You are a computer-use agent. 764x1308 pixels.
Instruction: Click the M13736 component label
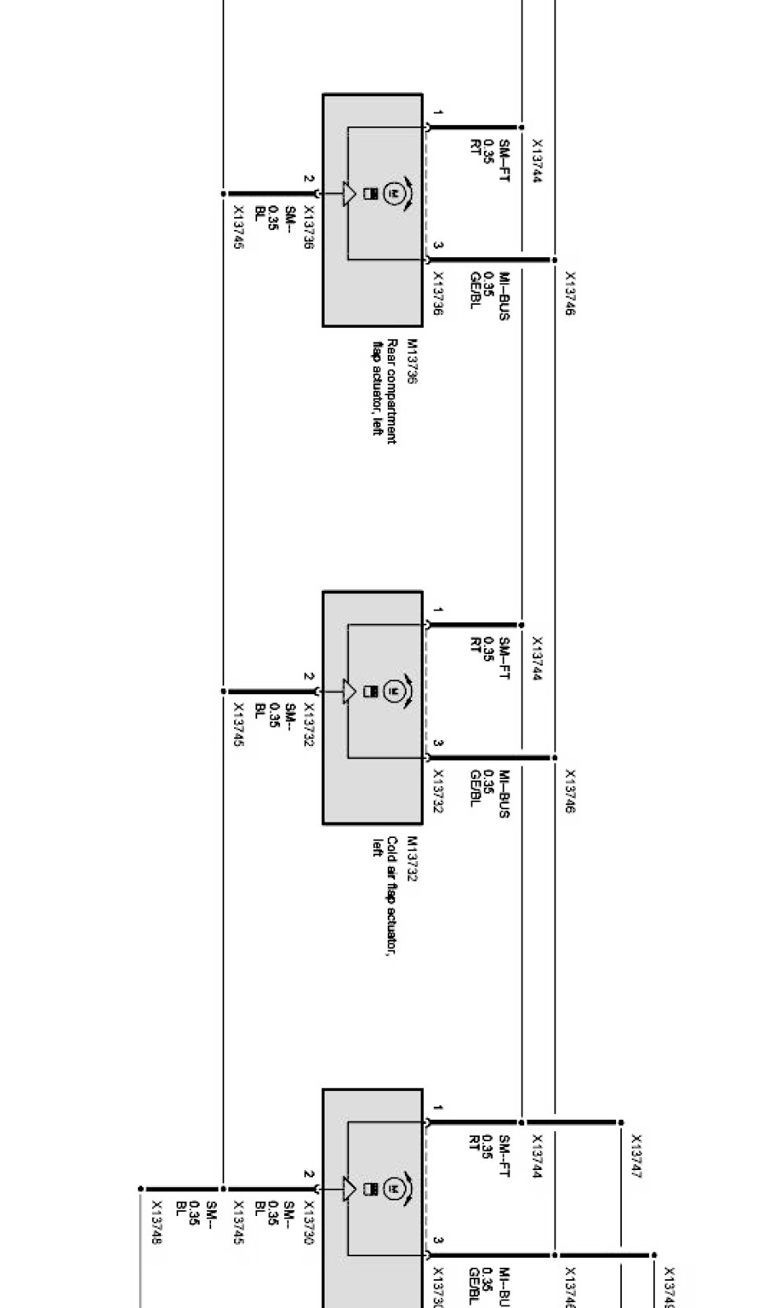[412, 362]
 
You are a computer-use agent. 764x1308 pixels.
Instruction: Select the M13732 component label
[412, 859]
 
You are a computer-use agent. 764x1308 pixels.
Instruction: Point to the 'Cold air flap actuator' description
[386, 891]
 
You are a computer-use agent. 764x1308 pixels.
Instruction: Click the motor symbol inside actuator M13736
[394, 193]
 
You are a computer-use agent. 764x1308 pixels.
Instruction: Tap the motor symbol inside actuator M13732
[394, 690]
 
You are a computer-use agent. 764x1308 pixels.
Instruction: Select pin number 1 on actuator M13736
[439, 113]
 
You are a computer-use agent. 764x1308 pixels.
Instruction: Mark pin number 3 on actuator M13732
[439, 743]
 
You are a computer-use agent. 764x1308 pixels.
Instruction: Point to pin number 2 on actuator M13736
[308, 178]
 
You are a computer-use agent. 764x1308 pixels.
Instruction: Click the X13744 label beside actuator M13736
[537, 160]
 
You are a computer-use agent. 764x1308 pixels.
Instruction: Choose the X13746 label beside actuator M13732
[570, 791]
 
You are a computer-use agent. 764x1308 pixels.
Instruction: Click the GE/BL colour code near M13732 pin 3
[475, 788]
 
